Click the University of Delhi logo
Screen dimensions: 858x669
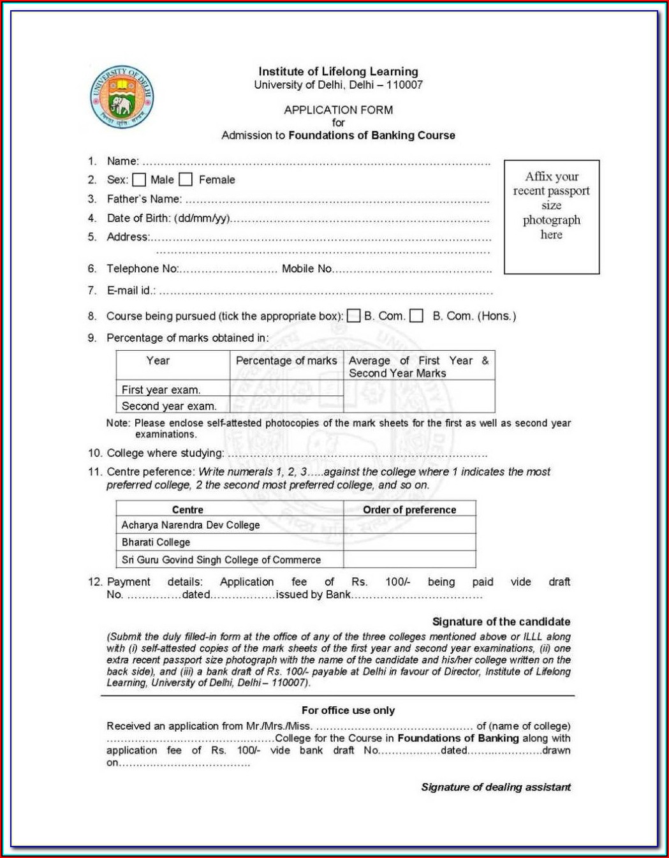tap(122, 97)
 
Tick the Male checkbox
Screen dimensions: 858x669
tap(139, 180)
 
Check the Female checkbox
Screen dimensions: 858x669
tap(186, 180)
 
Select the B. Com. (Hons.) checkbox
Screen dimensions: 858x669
tap(416, 316)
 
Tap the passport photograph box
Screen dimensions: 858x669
tap(552, 217)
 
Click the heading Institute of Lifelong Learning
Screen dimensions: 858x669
tap(338, 71)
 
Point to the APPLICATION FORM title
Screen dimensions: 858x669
tap(338, 110)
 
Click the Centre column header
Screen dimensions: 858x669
tap(187, 510)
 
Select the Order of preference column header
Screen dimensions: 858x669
tap(409, 510)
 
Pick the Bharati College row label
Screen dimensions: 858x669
tap(156, 542)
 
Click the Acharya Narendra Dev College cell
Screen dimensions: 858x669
tap(191, 525)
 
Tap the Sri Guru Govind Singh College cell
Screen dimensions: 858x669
tap(221, 559)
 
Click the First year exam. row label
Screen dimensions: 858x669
tap(161, 389)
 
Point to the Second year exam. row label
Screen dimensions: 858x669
tap(169, 406)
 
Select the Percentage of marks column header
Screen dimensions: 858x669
tap(286, 360)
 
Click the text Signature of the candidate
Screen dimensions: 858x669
tap(501, 621)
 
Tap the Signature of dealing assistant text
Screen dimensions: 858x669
tap(496, 787)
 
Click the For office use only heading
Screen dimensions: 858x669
tap(348, 710)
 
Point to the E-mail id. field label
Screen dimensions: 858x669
tap(131, 290)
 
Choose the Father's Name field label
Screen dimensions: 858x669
tap(144, 199)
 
